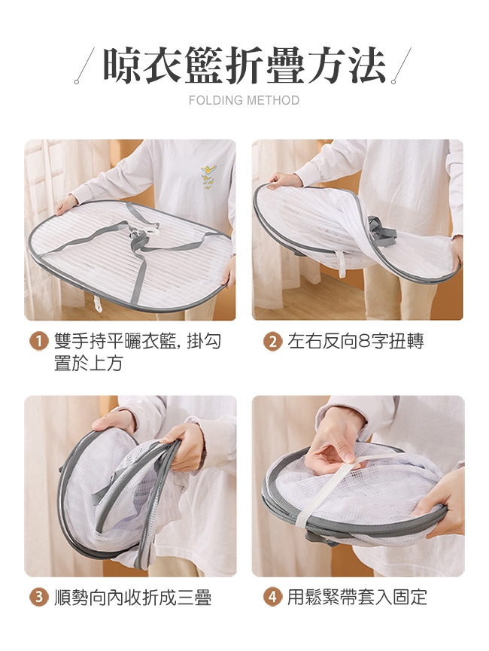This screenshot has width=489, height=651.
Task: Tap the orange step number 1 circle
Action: point(38,342)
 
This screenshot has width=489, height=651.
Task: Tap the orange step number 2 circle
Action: point(272,342)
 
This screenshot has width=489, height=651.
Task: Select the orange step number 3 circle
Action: point(38,598)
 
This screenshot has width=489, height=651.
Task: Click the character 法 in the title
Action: point(366,65)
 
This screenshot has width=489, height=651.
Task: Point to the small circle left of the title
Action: point(77,82)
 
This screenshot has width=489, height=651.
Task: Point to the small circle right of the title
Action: point(393,82)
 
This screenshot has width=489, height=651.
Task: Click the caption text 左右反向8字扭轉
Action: point(356,342)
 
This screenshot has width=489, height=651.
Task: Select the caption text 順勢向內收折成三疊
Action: point(133,598)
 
